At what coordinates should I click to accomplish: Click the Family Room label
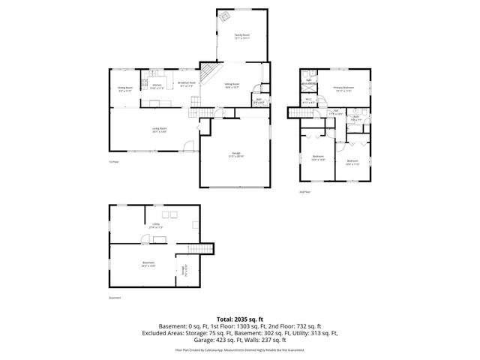tap(241, 35)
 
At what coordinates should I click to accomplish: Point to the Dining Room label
tap(124, 89)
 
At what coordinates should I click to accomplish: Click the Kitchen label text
tap(157, 85)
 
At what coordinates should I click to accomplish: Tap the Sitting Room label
tap(232, 85)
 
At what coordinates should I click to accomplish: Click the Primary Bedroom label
tap(344, 89)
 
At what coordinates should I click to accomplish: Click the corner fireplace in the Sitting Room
tap(213, 73)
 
